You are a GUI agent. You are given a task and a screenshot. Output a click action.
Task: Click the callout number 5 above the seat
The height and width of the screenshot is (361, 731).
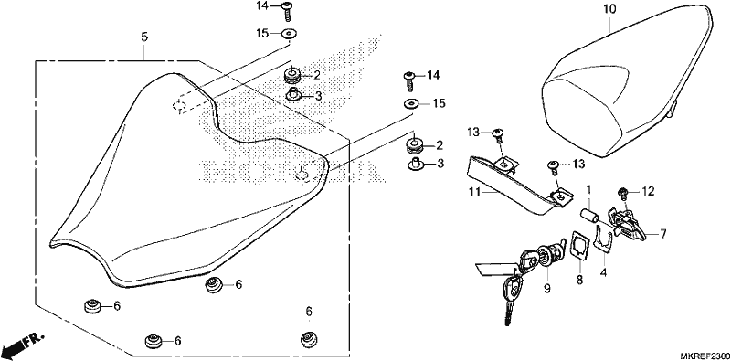(144, 37)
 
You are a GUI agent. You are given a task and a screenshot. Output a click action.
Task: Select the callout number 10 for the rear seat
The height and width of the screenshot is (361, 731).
(609, 9)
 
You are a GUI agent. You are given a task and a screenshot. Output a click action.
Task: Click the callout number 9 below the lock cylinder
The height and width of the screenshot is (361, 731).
(546, 289)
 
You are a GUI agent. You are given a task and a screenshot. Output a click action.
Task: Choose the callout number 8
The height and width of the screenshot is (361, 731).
(580, 280)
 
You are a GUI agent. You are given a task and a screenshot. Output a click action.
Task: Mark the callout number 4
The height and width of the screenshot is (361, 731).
(603, 271)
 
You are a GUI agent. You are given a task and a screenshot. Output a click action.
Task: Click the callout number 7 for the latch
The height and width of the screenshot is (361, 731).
(663, 234)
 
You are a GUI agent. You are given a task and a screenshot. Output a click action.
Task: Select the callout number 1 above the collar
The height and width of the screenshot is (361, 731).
(588, 189)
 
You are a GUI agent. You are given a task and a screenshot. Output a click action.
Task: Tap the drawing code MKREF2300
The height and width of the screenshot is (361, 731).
(705, 355)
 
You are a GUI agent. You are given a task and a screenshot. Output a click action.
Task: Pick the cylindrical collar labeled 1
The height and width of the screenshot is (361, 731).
(589, 218)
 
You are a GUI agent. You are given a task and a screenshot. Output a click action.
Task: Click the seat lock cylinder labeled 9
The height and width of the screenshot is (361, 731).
(548, 257)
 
